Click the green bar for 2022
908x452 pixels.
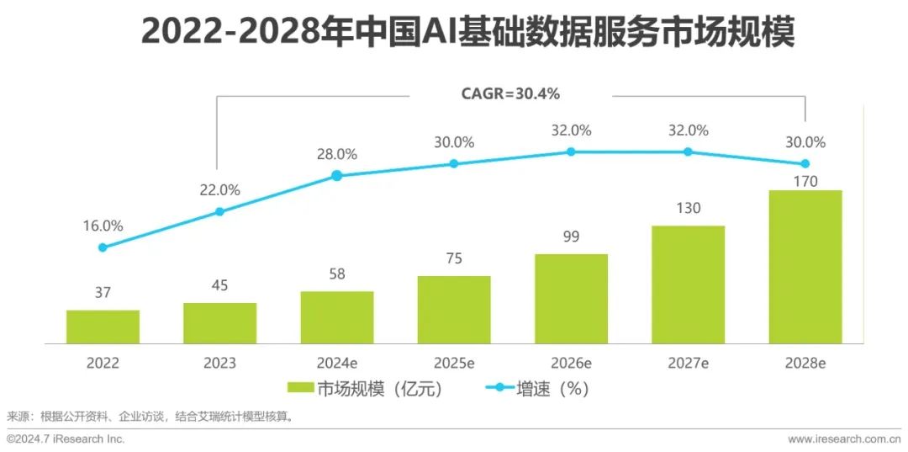tap(103, 327)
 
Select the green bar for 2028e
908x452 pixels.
tap(805, 267)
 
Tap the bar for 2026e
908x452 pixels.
tap(571, 299)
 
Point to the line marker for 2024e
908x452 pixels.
tap(336, 175)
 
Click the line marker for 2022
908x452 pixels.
tap(103, 247)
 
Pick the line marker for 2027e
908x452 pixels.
tap(688, 152)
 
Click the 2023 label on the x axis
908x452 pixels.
tap(219, 364)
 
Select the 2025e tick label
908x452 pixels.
tap(454, 364)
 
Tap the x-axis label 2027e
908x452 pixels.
tap(688, 364)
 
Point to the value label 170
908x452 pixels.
tap(805, 180)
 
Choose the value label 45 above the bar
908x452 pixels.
tap(219, 284)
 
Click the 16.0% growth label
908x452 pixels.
tap(103, 226)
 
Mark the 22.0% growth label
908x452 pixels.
tap(219, 190)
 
